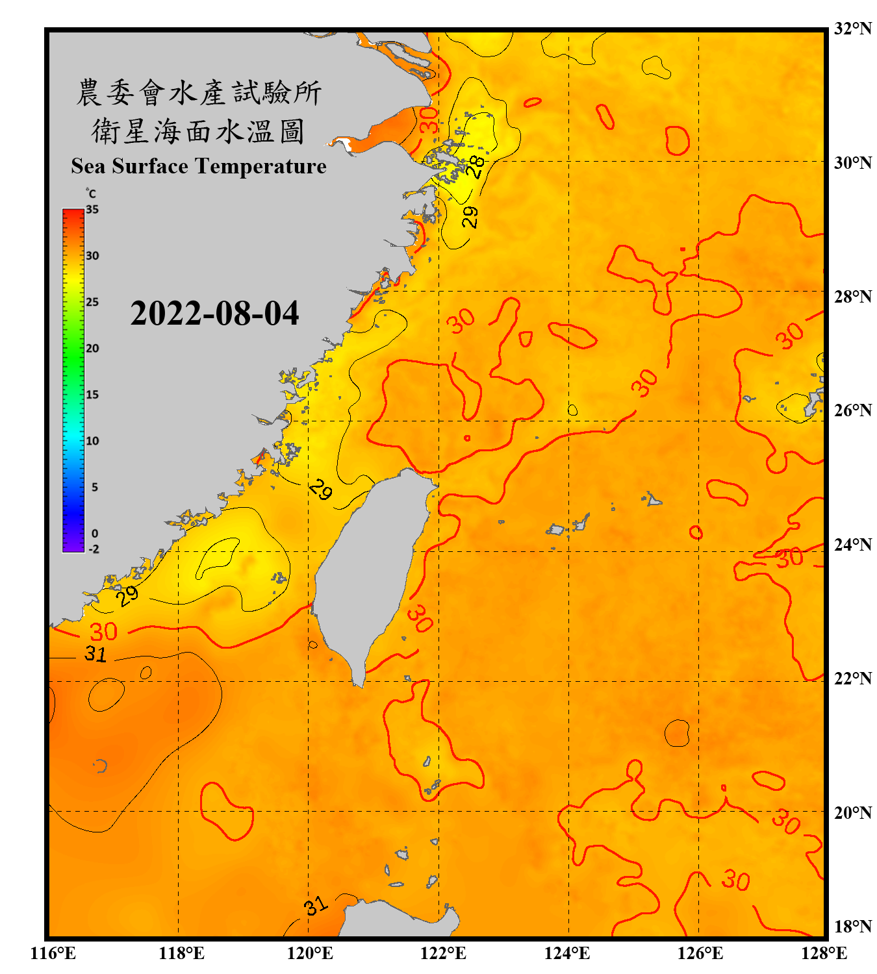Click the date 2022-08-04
coord(214,314)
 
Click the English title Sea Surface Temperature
coord(199,166)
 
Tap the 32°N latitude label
coord(852,29)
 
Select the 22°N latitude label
coord(852,679)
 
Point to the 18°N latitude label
coord(852,927)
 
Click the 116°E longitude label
coord(53,953)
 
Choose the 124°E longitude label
coord(567,953)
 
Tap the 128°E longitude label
coord(824,953)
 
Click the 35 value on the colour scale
coord(92,209)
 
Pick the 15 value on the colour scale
coord(92,394)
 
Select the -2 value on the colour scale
coord(94,549)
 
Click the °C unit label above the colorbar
coord(90,194)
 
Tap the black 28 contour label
coord(476,166)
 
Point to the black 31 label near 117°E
coord(95,653)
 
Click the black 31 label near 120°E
coord(316,906)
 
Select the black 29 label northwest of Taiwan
coord(320,489)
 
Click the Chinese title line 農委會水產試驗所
coord(199,93)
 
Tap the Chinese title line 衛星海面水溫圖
coord(199,131)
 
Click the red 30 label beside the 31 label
coord(103,632)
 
